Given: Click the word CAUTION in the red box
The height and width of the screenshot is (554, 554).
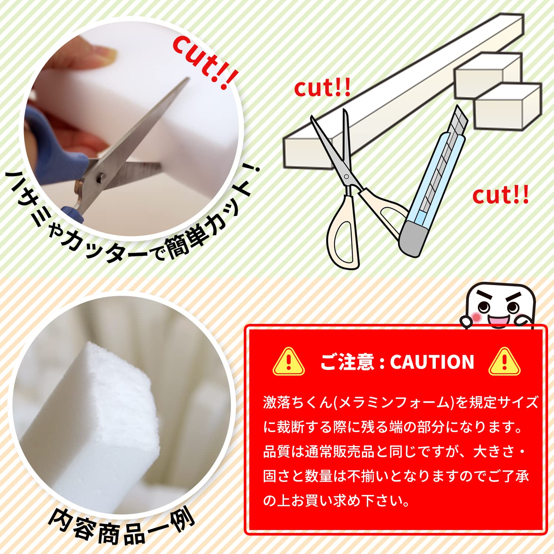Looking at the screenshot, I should pyautogui.click(x=432, y=362).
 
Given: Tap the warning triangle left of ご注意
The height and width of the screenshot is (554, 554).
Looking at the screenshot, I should pyautogui.click(x=288, y=362).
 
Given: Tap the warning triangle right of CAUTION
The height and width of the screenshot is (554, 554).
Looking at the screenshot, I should pyautogui.click(x=504, y=362).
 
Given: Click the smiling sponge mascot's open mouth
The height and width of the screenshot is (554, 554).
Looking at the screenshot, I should pyautogui.click(x=498, y=320).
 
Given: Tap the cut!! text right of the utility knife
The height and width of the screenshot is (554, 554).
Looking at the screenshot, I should pyautogui.click(x=500, y=196).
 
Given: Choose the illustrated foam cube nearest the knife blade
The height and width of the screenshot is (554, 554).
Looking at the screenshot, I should pyautogui.click(x=506, y=107).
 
